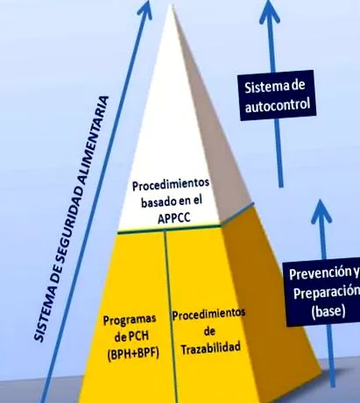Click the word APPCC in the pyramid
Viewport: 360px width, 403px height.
pos(174,218)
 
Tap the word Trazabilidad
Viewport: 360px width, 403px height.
pos(211,348)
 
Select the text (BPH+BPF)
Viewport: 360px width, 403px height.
pos(133,354)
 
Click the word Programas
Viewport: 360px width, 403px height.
pos(130,320)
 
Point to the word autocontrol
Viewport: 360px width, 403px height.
pos(278,105)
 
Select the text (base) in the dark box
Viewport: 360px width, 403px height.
pos(328,311)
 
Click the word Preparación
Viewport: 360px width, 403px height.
pos(327,293)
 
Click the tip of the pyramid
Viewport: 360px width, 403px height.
pos(170,4)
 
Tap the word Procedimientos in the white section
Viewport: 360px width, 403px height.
pos(171,185)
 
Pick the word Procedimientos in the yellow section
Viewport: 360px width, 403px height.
pos(208,315)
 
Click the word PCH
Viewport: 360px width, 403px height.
pos(138,336)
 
